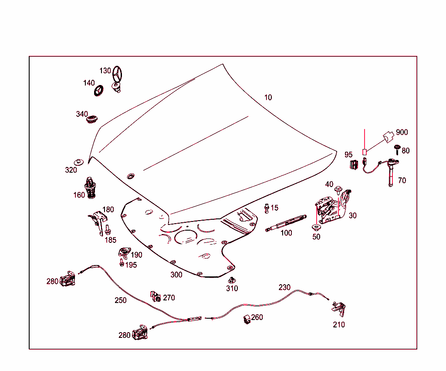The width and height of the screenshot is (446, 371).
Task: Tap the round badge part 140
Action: pyautogui.click(x=99, y=90)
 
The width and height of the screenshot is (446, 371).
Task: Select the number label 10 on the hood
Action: pyautogui.click(x=268, y=97)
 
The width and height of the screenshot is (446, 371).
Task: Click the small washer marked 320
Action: pyautogui.click(x=79, y=162)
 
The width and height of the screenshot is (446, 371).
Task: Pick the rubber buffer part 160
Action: pyautogui.click(x=90, y=187)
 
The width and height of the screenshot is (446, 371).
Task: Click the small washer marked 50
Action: pyautogui.click(x=316, y=228)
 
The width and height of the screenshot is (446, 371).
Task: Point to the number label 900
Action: pyautogui.click(x=402, y=133)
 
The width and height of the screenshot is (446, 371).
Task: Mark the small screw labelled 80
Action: pyautogui.click(x=397, y=149)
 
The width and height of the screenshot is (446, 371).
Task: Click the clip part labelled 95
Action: pyautogui.click(x=353, y=164)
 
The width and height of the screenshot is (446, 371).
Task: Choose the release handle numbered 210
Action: pyautogui.click(x=339, y=308)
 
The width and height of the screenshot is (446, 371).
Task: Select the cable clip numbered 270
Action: pyautogui.click(x=155, y=296)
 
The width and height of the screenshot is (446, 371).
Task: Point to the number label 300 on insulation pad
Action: pyautogui.click(x=176, y=275)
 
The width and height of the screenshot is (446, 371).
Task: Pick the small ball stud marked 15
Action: pyautogui.click(x=267, y=208)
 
